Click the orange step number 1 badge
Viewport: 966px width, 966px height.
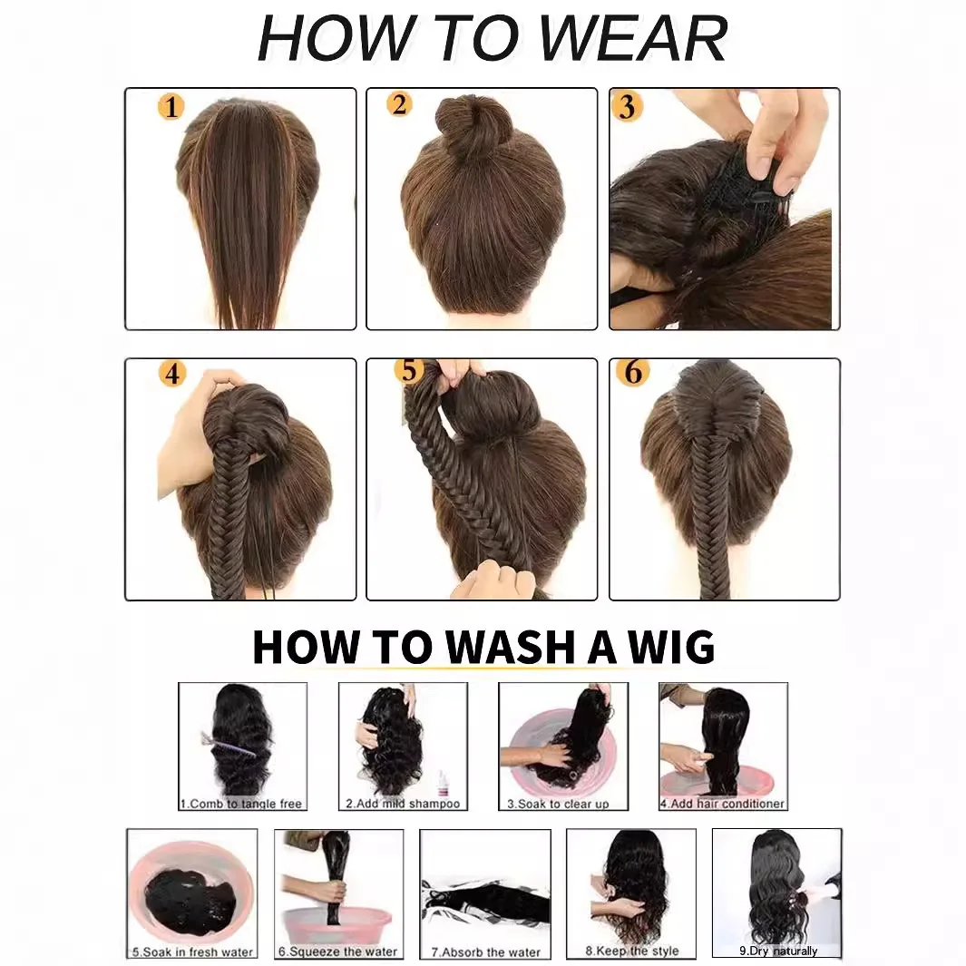(171, 108)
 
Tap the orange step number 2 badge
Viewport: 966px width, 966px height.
(398, 104)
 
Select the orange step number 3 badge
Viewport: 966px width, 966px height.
(626, 107)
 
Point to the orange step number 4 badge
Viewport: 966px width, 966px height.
(171, 374)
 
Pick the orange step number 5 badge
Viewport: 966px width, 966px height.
(409, 371)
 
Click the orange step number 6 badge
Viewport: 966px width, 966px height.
(633, 372)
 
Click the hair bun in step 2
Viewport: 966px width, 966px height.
(463, 126)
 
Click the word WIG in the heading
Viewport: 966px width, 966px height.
(670, 648)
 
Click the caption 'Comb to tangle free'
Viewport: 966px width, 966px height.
(242, 804)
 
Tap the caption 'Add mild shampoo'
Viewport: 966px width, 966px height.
(403, 804)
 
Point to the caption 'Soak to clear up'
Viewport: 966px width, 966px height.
(558, 804)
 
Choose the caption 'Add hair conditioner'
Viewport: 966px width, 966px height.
(722, 804)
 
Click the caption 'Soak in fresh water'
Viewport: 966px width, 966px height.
(192, 952)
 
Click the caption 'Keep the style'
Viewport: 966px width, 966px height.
(631, 951)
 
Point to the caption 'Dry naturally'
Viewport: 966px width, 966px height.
(778, 951)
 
